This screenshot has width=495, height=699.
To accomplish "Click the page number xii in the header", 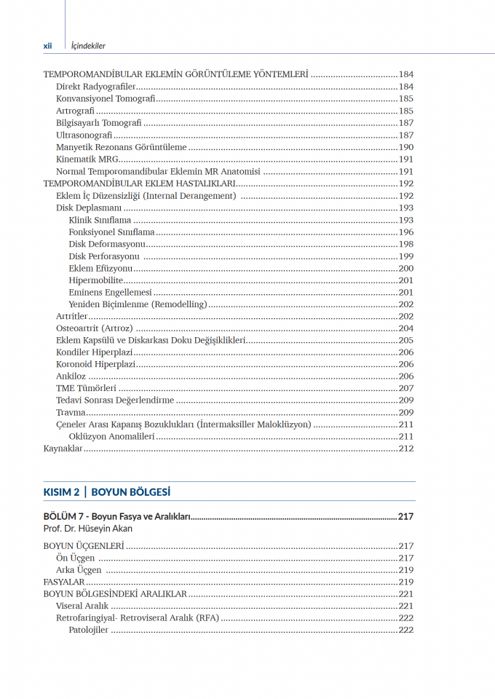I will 47,45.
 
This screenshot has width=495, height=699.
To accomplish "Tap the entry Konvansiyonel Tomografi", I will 106,99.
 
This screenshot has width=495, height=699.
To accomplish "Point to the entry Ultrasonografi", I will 84,135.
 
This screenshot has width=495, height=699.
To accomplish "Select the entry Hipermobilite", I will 95,280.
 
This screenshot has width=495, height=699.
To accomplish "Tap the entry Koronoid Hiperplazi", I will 95,364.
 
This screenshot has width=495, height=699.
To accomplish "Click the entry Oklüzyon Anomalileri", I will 111,436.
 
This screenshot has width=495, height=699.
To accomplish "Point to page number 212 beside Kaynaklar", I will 405,449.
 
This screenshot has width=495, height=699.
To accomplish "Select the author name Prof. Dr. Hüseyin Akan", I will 88,529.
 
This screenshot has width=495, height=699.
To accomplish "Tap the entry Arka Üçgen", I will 79,570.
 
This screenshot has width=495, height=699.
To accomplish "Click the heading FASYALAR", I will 64,582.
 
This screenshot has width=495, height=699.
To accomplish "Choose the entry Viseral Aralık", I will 82,606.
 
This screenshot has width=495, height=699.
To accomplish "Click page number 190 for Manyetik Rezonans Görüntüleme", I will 405,147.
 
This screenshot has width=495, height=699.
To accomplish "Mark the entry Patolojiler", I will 88,630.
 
